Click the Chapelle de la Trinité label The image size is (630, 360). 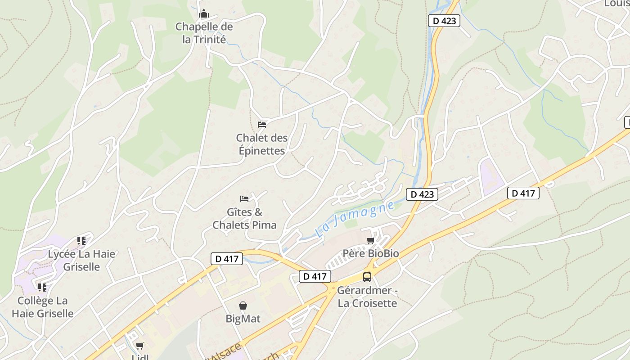coord(204,33)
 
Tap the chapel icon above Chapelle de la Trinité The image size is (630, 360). coord(204,14)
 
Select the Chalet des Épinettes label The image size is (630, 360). coord(261,144)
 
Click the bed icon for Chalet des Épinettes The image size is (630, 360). coord(262,124)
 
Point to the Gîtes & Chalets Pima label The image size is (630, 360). coord(244,218)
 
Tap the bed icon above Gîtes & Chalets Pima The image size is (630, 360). coord(244,198)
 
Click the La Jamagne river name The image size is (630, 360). coord(355,219)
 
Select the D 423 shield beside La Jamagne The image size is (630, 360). coord(422,194)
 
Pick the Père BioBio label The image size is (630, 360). coord(371,253)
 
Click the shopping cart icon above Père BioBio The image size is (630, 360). coord(371,240)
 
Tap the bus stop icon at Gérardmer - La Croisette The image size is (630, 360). coord(367,277)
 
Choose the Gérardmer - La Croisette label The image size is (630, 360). coord(367,297)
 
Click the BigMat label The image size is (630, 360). coord(243,319)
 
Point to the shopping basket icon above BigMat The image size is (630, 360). coord(243,306)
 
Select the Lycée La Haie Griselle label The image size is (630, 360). coord(81,260)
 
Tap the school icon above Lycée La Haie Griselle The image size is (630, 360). coord(81,241)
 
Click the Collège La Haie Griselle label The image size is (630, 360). coord(42,307)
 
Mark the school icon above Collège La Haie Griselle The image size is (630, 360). coord(42,287)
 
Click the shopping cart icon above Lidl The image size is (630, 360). coord(139,346)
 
